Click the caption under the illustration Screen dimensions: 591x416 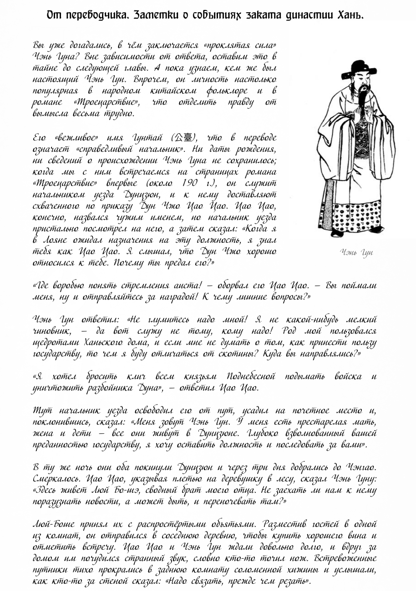click(x=356, y=252)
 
